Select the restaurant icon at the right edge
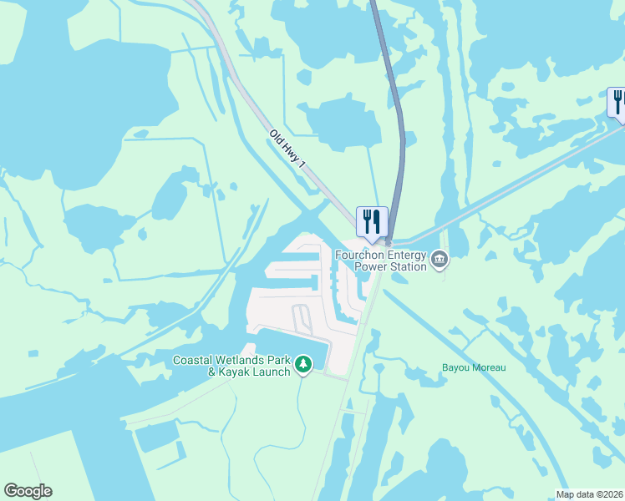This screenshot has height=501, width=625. [617, 103]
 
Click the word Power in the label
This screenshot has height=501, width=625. [372, 267]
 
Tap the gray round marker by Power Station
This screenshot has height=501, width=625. [439, 261]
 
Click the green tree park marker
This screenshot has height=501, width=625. [302, 365]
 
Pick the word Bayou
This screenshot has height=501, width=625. [457, 367]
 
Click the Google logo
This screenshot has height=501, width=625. [28, 491]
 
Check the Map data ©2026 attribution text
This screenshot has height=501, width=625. [589, 494]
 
